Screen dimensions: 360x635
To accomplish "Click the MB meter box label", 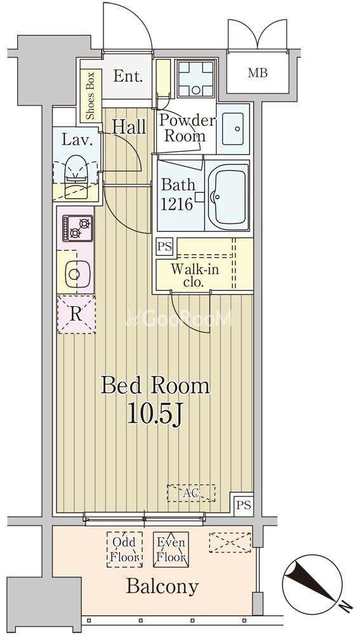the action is coord(258,74).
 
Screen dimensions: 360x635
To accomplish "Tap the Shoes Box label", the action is coord(90,96).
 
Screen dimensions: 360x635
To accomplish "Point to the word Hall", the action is coord(129,127).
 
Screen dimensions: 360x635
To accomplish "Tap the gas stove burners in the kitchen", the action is coord(77,228).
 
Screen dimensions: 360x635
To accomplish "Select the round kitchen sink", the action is coord(74,274).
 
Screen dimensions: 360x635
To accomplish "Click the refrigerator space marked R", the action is coord(76,314).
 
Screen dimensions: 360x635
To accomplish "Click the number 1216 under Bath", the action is coord(177,204).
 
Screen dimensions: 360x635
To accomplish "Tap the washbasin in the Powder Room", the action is coord(233,129).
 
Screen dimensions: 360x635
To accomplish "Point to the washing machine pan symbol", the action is coord(196,79).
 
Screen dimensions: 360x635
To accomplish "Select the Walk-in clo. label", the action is coord(194,276).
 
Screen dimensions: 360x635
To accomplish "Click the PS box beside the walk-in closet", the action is coord(165,246).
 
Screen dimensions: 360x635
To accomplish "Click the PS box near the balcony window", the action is coord(244,505).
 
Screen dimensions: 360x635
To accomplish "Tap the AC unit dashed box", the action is coord(191,493).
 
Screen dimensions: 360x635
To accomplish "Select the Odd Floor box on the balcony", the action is coord(124,549).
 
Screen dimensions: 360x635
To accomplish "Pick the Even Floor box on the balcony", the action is coord(171,549).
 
